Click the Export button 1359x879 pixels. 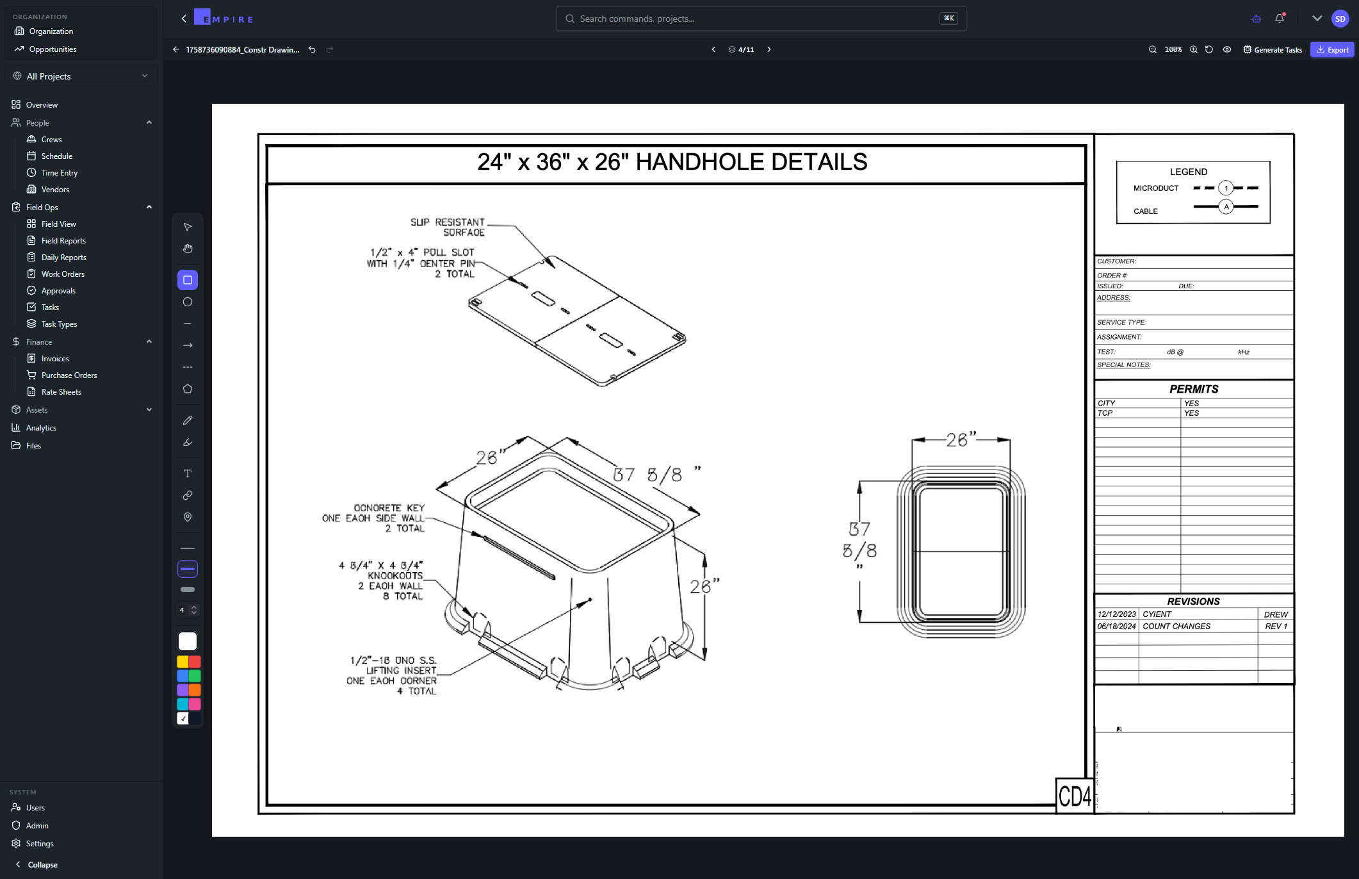click(x=1332, y=50)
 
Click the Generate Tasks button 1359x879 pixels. click(x=1273, y=50)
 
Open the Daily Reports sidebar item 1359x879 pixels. click(x=63, y=258)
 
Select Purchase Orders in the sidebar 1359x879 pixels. click(x=69, y=375)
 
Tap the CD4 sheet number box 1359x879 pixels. click(x=1075, y=796)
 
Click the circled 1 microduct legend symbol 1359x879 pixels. click(x=1226, y=188)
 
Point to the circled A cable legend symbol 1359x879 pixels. click(x=1226, y=207)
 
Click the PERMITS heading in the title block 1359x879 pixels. click(x=1194, y=389)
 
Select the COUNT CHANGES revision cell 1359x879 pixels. click(x=1176, y=627)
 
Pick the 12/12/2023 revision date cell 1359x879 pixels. click(x=1117, y=614)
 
